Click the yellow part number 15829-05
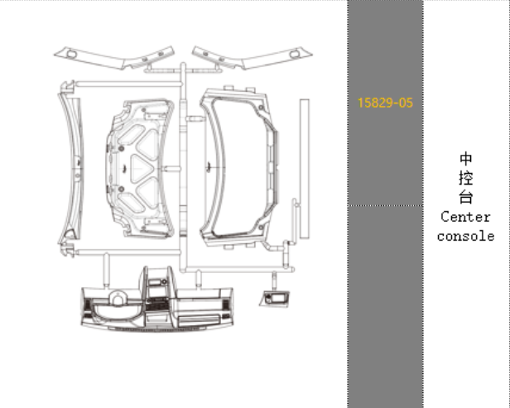point(385,103)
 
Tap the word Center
point(465,217)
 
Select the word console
point(466,237)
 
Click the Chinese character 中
point(466,159)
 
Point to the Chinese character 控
point(466,178)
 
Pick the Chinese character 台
point(466,197)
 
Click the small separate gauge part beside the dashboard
point(274,299)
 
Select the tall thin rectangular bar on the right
point(305,169)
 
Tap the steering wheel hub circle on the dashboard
point(118,298)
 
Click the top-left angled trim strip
point(114,58)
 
